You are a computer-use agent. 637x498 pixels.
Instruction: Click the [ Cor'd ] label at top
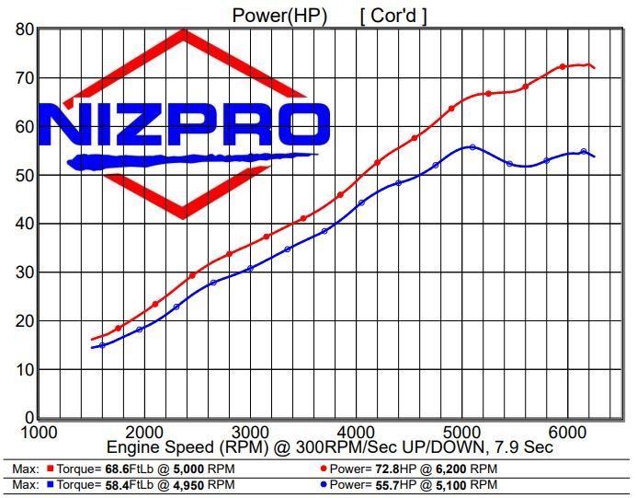392,15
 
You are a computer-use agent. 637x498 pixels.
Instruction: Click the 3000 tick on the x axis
248,432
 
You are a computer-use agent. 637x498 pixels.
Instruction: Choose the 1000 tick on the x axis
37,432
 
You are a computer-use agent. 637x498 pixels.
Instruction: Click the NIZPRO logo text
184,125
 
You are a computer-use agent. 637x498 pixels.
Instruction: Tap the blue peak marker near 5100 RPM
472,147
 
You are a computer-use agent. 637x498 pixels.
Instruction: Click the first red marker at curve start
118,329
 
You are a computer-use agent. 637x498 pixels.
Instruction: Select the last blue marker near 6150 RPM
584,152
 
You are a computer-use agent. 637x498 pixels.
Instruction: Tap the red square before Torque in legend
49,469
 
